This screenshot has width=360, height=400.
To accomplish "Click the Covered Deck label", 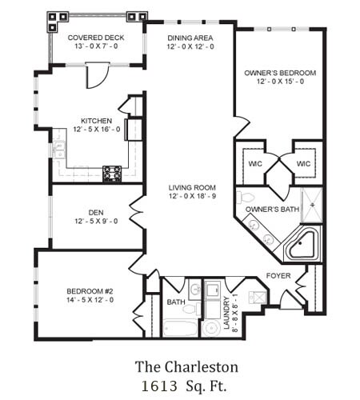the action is [96, 38].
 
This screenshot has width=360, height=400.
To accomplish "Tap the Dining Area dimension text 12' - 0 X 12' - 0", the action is [190, 46].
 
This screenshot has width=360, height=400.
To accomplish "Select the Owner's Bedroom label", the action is [280, 73].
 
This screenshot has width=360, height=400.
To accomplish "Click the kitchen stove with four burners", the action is [112, 174].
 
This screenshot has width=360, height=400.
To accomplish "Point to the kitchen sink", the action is [58, 150].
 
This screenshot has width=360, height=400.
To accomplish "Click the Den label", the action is [96, 213].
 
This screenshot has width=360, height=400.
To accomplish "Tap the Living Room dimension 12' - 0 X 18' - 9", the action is [192, 196].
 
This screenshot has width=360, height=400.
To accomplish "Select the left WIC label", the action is [255, 163].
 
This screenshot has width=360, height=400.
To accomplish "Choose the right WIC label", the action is [303, 163].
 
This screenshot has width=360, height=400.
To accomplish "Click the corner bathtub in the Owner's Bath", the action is [302, 246].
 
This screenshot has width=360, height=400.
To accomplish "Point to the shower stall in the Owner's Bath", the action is [312, 206].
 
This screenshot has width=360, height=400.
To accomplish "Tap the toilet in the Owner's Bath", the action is [246, 198].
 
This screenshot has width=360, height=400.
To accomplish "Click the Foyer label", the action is [278, 276].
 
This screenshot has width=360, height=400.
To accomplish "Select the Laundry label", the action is [226, 313].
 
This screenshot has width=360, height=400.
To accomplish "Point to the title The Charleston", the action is [186, 366].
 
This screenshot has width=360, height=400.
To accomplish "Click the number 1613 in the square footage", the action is [159, 386].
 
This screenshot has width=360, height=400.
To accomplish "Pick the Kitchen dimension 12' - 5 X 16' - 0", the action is [97, 130].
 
